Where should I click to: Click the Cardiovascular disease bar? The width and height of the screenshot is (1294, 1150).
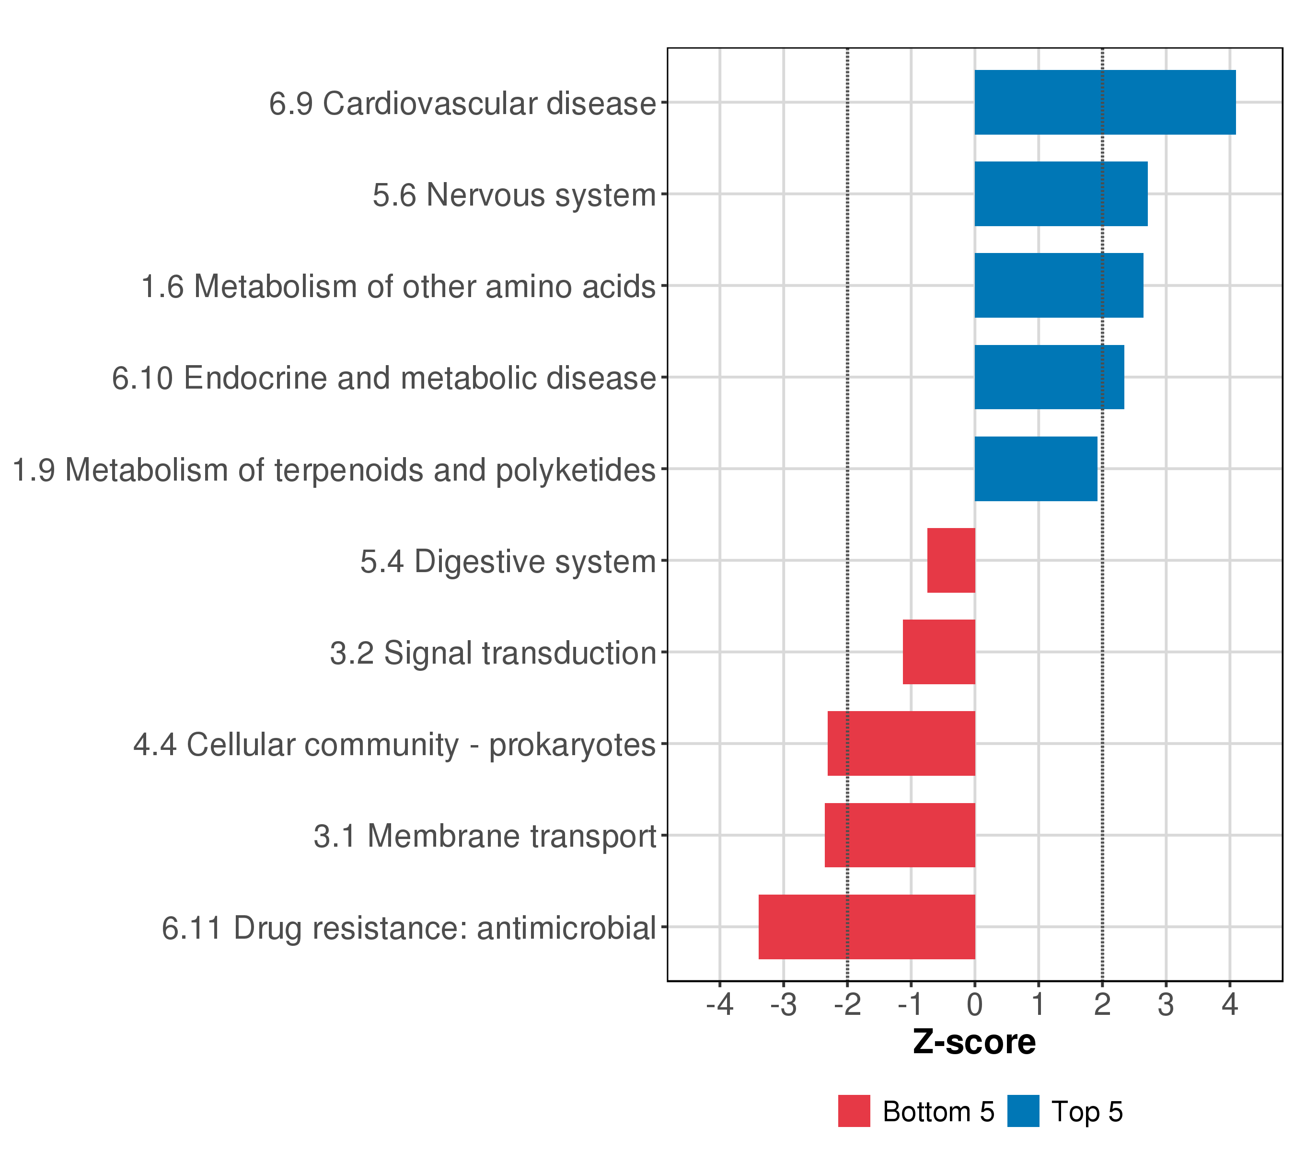click(x=1105, y=103)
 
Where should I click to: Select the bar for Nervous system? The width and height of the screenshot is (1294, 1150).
click(x=1061, y=194)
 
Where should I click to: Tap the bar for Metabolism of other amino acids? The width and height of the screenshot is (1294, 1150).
click(x=1059, y=286)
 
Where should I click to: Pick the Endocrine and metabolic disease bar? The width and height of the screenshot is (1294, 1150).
click(x=1049, y=377)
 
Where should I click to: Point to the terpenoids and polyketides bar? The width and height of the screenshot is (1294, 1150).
click(x=1036, y=469)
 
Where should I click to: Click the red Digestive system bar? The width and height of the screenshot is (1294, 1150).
click(x=951, y=560)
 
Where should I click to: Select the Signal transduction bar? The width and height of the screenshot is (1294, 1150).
click(x=939, y=652)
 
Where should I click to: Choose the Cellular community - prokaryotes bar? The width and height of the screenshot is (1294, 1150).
click(x=901, y=744)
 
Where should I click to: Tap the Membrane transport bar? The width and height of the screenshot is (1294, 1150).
click(x=900, y=836)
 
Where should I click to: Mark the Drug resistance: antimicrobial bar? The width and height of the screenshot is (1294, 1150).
click(x=867, y=927)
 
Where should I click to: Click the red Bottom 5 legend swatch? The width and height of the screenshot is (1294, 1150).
click(x=854, y=1111)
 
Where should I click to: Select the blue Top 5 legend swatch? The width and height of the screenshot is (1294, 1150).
click(x=1023, y=1111)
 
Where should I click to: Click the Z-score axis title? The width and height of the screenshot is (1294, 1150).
click(x=974, y=1042)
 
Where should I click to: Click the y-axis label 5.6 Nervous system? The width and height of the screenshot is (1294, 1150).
click(x=514, y=195)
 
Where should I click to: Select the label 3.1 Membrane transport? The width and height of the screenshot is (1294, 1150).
click(x=485, y=836)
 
